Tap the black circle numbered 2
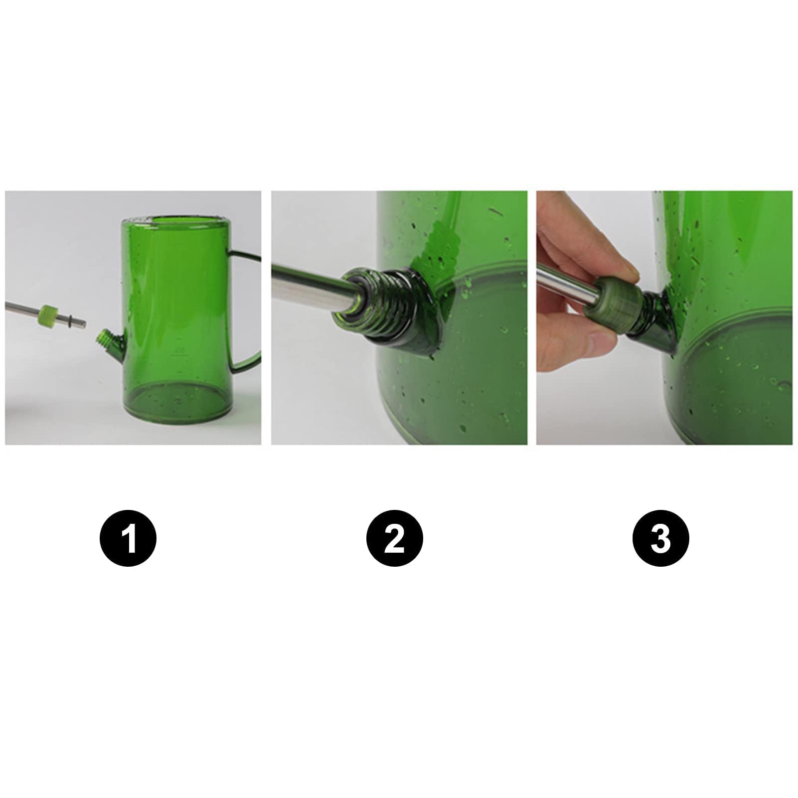pyautogui.click(x=394, y=538)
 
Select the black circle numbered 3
pyautogui.click(x=660, y=538)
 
